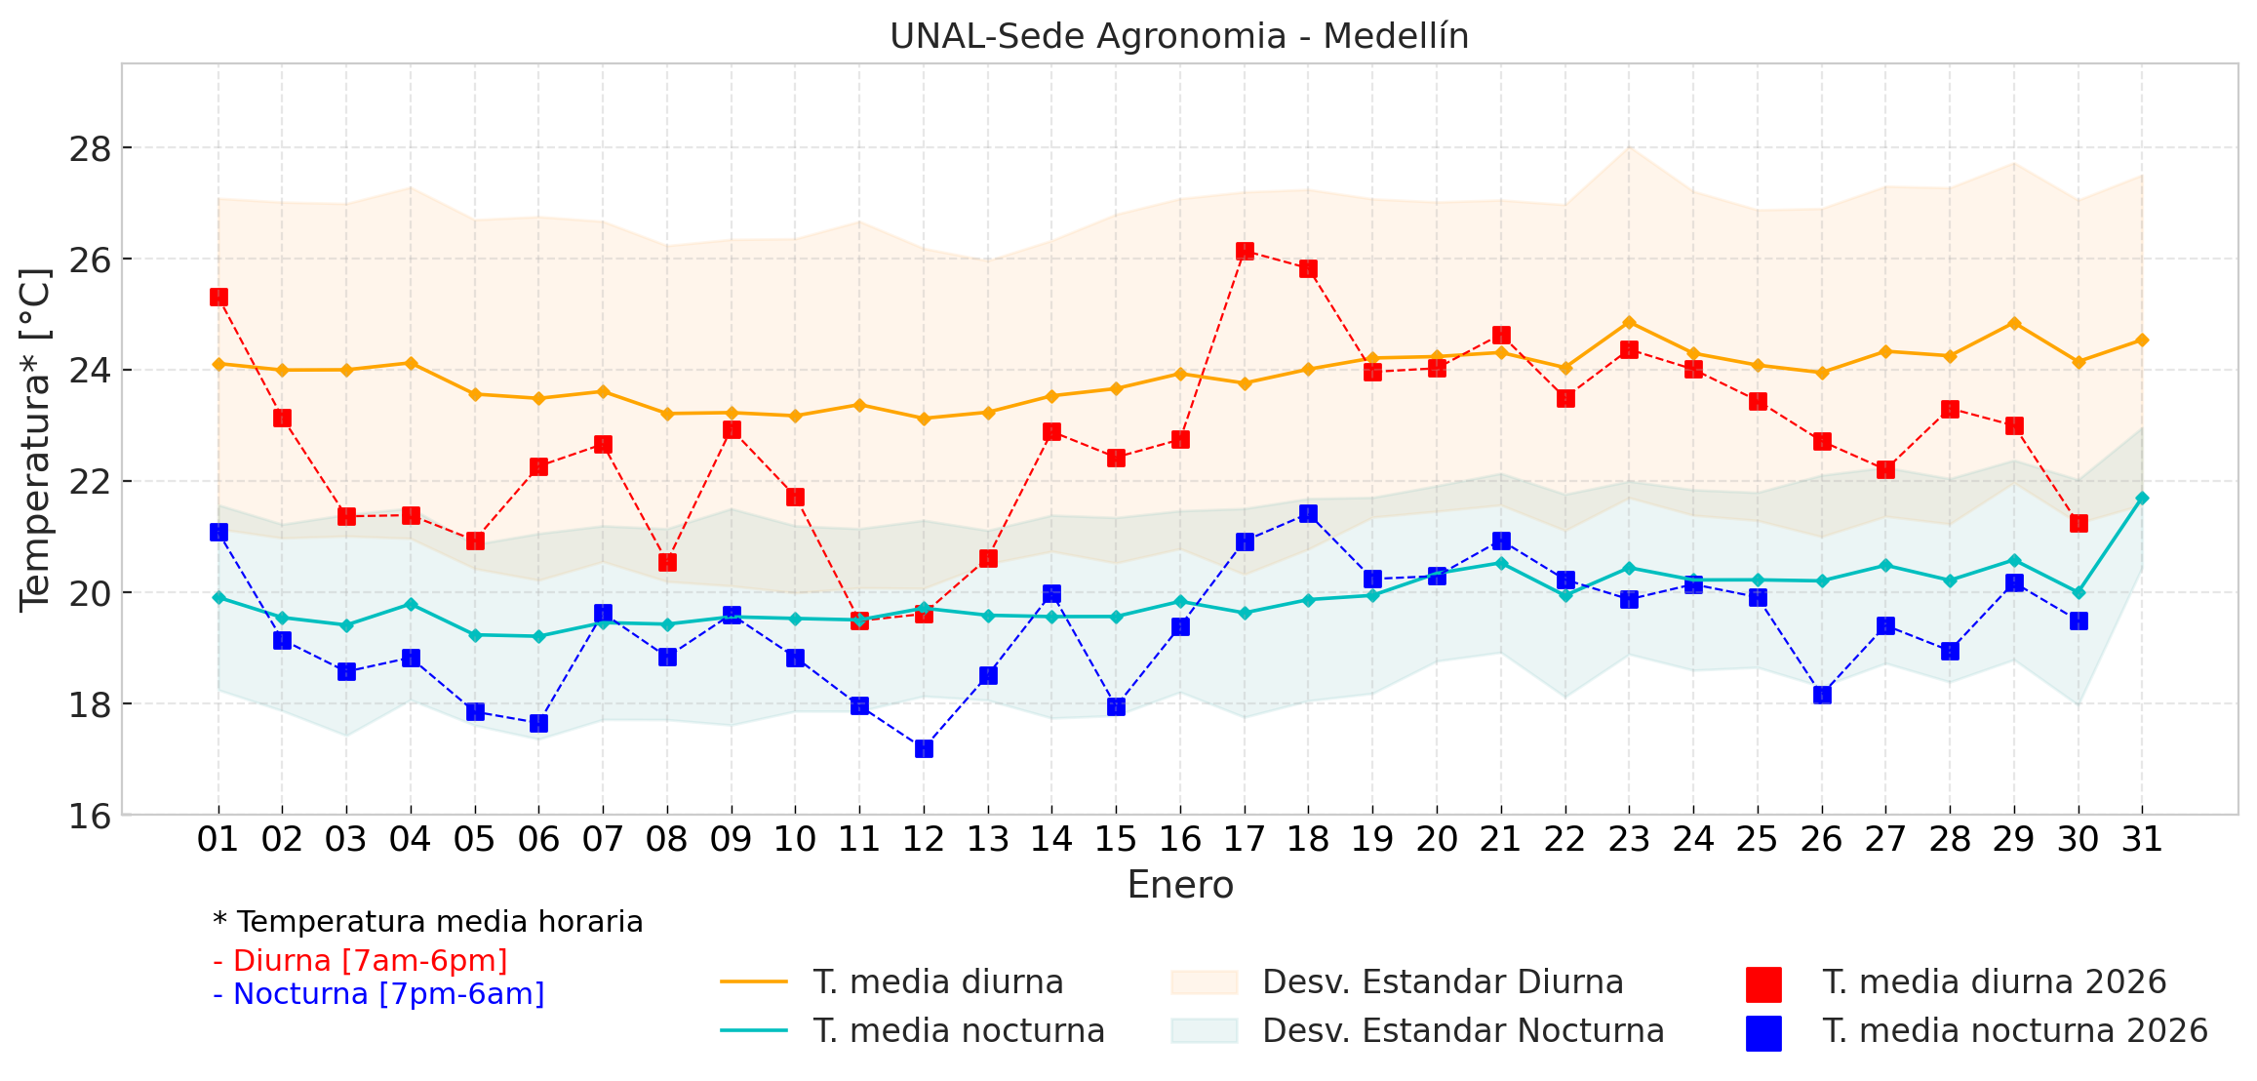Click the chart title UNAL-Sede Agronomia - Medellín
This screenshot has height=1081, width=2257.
[x=1178, y=36]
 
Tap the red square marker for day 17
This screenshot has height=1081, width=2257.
[x=1245, y=251]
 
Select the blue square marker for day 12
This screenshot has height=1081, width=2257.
[x=924, y=748]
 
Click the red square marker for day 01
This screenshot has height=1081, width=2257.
[x=218, y=297]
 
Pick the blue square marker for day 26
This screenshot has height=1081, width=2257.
[x=1822, y=695]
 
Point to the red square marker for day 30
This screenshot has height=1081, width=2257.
[x=2079, y=523]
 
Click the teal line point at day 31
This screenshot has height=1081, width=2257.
[x=2142, y=498]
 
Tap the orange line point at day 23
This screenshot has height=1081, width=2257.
[x=1629, y=322]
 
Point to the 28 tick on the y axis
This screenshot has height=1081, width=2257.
[x=90, y=149]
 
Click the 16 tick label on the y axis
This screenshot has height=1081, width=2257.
[x=90, y=816]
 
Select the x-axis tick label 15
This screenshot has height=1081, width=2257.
[x=1116, y=839]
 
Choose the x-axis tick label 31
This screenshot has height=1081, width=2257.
[x=2142, y=839]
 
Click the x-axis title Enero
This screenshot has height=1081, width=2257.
[x=1180, y=885]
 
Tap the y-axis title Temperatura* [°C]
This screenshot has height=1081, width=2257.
[x=35, y=439]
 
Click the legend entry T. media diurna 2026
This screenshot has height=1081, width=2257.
[x=1994, y=981]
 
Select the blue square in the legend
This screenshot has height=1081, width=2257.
[x=1763, y=1033]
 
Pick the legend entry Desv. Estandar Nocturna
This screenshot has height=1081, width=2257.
[x=1462, y=1030]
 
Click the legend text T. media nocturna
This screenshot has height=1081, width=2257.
[x=959, y=1030]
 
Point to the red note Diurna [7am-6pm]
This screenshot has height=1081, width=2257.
[x=360, y=960]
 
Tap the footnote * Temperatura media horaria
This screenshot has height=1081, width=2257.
[x=427, y=921]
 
